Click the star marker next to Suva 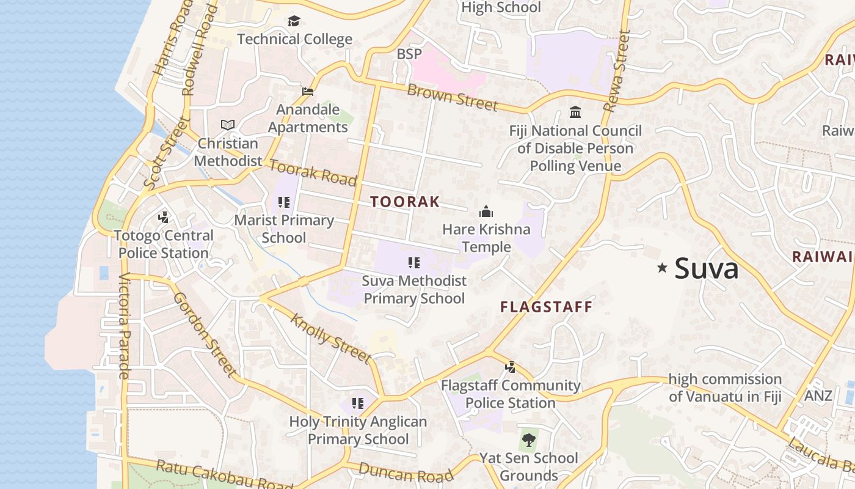[662, 268]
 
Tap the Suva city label [707, 268]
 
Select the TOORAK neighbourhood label [405, 202]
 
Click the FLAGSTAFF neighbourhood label [547, 307]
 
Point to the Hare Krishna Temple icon [486, 212]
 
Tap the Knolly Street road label [330, 338]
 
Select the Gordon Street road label [205, 334]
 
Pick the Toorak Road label [313, 172]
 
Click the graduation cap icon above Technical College [294, 21]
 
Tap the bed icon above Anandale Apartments [308, 92]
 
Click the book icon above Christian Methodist [228, 125]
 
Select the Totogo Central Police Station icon [163, 217]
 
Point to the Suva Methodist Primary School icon [414, 263]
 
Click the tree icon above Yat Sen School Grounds [528, 439]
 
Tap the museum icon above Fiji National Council [575, 112]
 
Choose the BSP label [409, 54]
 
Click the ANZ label [818, 395]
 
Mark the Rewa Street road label [616, 72]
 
